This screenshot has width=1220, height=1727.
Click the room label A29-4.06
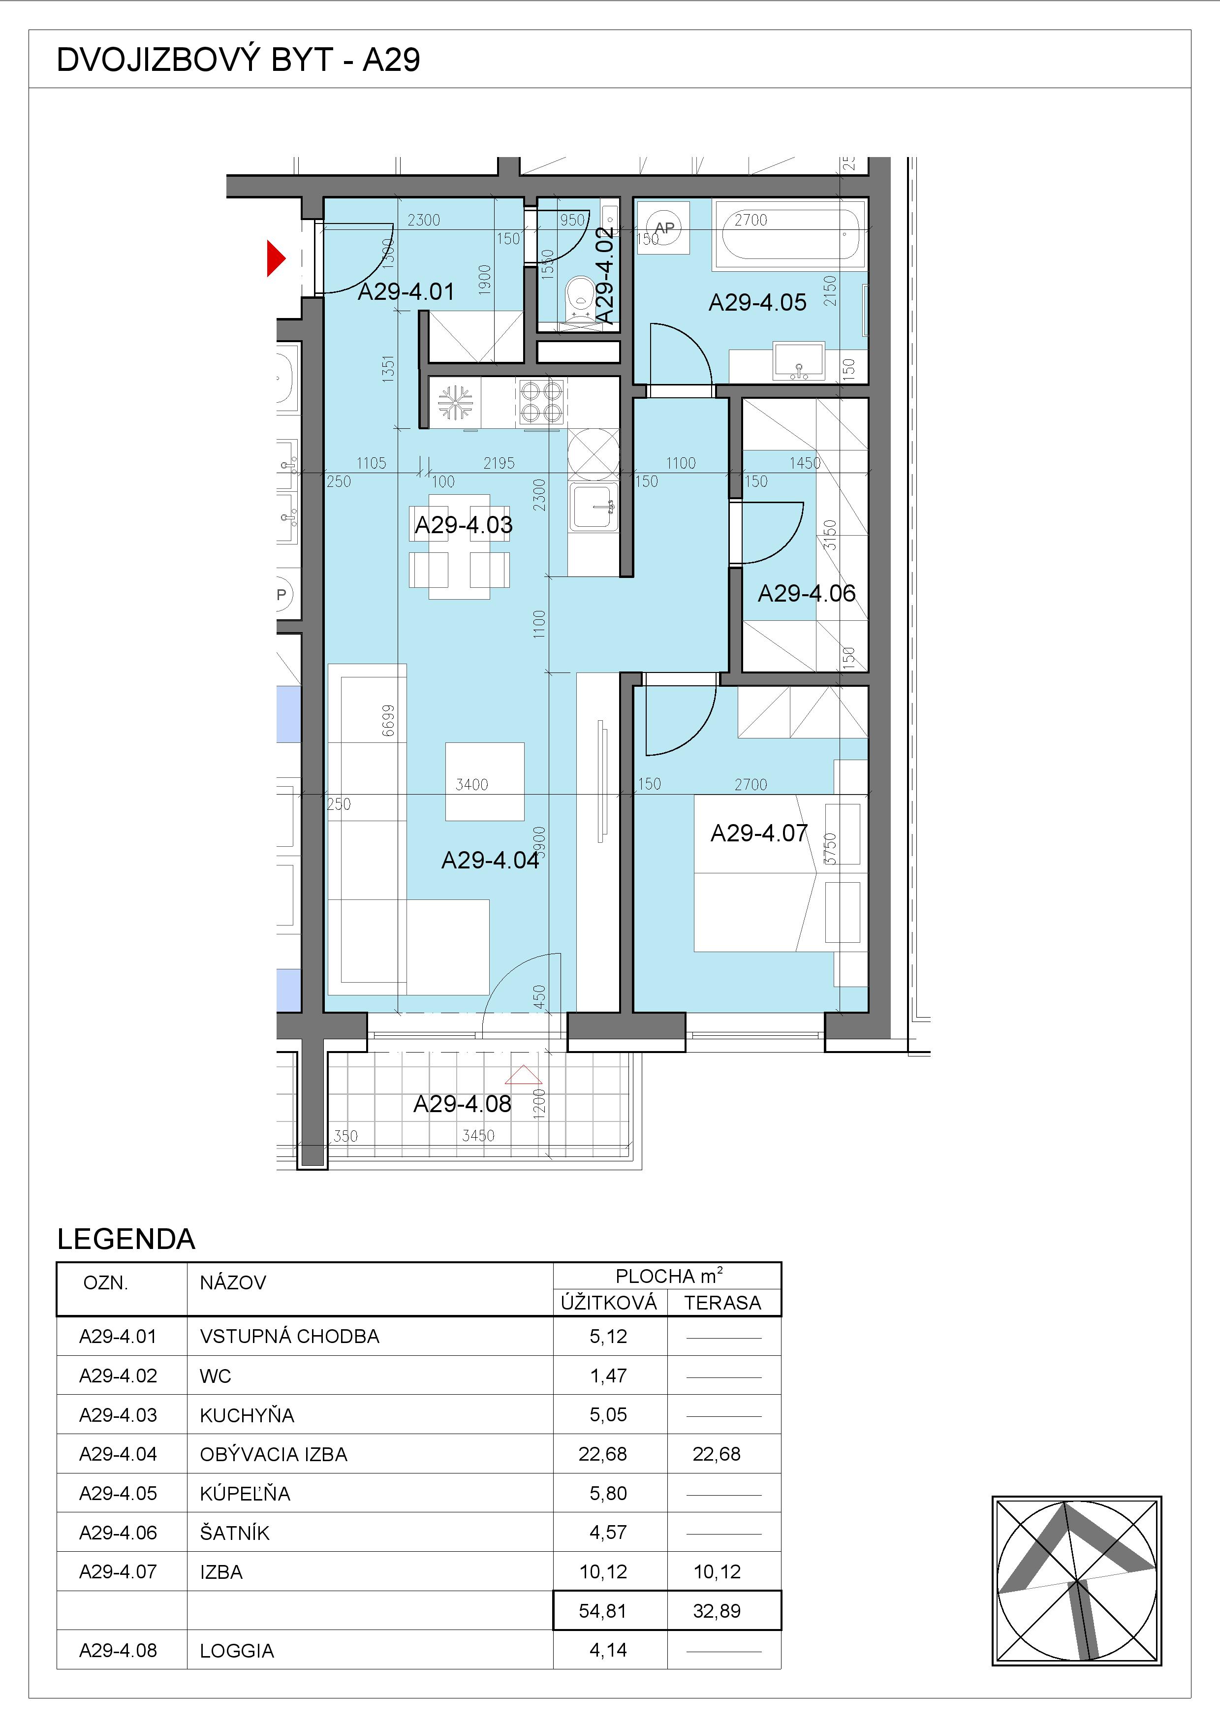point(807,593)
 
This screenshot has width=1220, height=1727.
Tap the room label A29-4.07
point(759,832)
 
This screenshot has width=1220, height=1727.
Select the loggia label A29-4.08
point(462,1103)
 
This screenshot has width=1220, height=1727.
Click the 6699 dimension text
point(388,721)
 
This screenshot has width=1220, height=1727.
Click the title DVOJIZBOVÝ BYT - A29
point(238,60)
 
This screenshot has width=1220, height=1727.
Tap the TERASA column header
point(723,1303)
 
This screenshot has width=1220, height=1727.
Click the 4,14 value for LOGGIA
point(608,1650)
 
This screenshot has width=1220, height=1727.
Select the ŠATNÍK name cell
point(235,1532)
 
